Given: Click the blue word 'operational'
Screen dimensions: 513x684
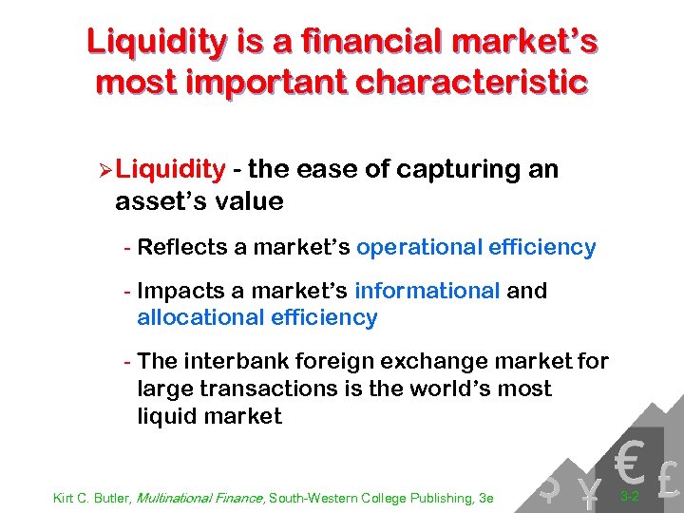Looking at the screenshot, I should click(x=419, y=248).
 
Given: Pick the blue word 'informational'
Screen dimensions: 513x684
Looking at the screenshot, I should click(x=427, y=291).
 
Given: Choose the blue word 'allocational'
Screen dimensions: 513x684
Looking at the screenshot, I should click(x=199, y=317).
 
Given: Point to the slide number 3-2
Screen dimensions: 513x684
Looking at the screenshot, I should click(x=628, y=496).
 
